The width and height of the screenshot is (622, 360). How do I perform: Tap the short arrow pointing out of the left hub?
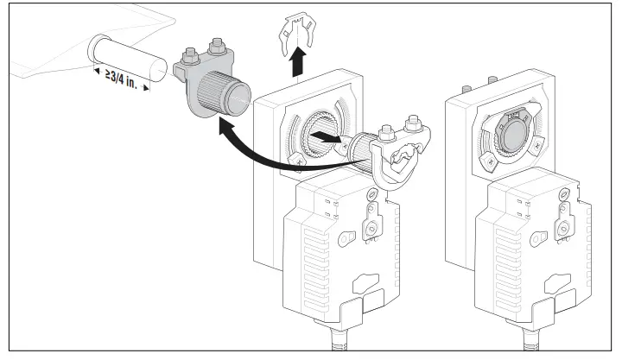click(324, 136)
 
